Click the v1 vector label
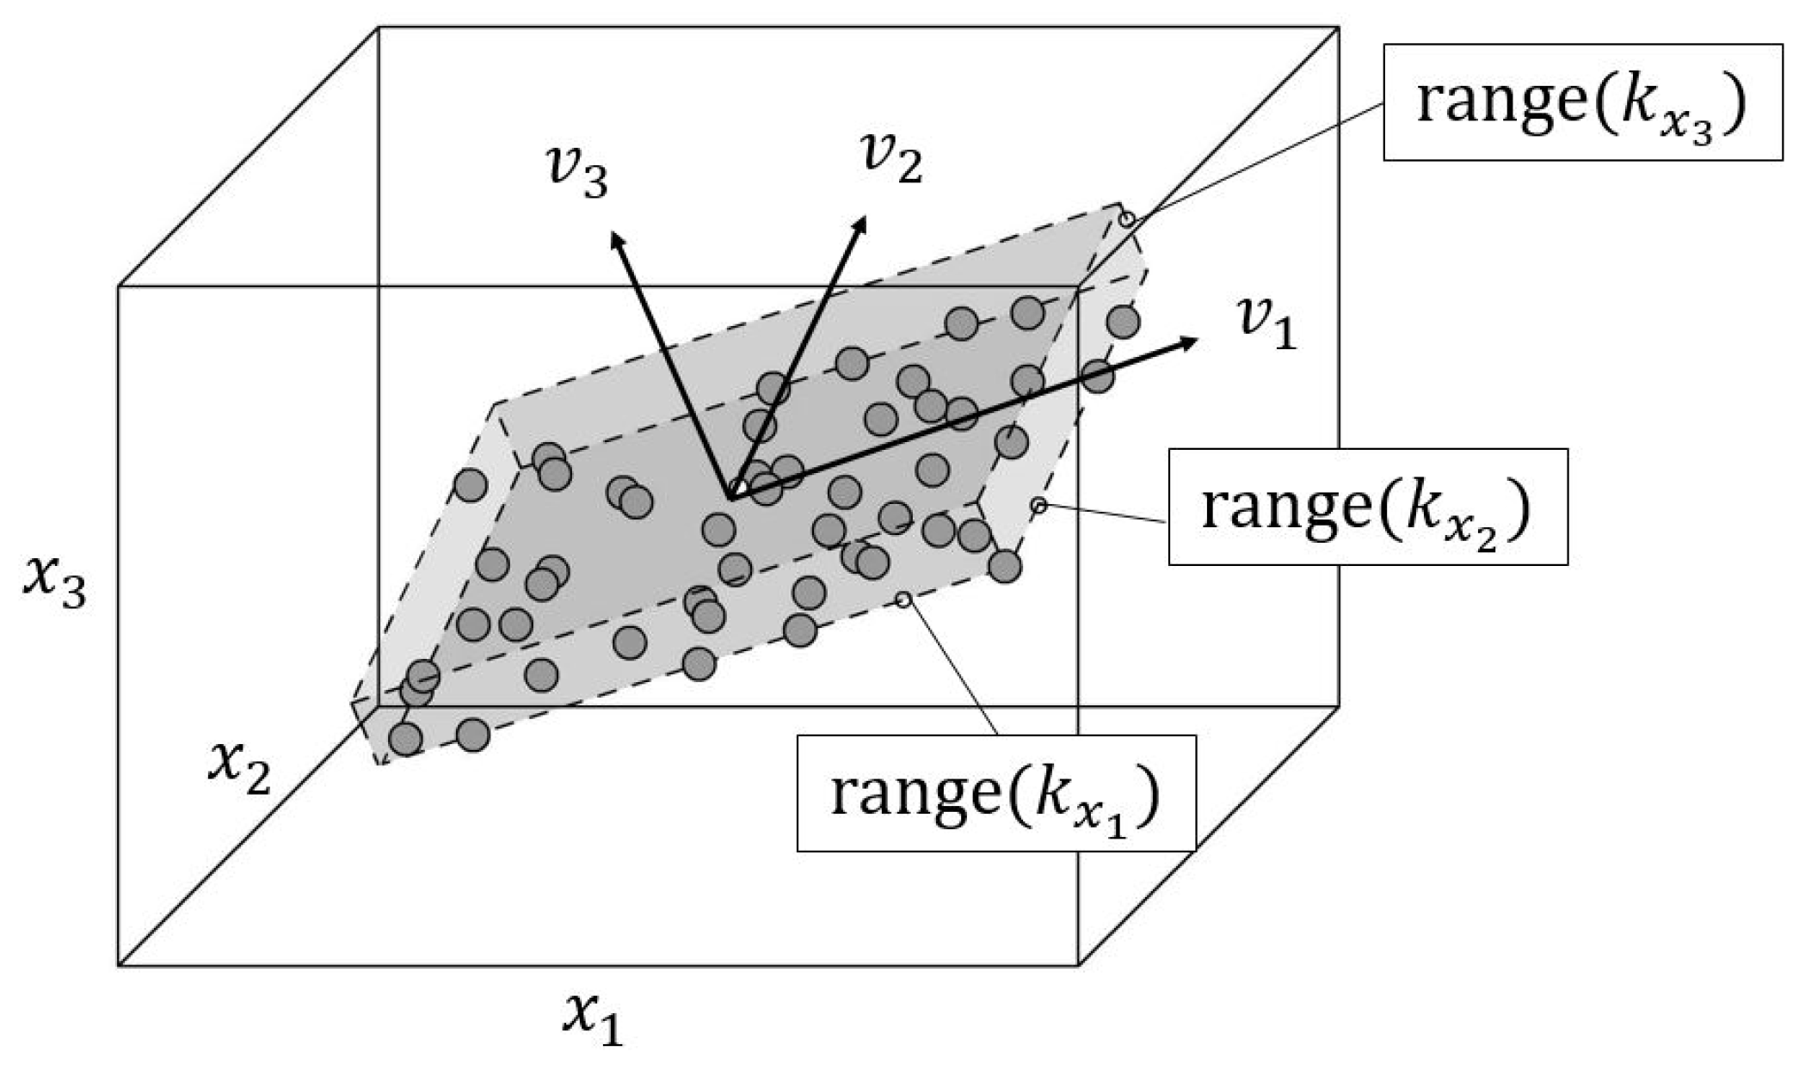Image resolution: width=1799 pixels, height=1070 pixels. [x=1266, y=323]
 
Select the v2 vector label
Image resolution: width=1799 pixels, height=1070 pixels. [x=891, y=158]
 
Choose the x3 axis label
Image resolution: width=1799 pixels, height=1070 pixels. [x=54, y=584]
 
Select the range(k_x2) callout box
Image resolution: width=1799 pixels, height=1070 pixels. [x=1367, y=507]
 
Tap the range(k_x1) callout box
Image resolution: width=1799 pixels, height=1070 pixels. [x=995, y=792]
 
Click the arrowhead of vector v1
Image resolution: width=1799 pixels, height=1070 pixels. [x=1190, y=342]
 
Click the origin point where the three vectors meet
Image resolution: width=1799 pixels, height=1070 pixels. [x=733, y=495]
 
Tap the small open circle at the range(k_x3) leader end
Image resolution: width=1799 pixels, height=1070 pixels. [x=1126, y=220]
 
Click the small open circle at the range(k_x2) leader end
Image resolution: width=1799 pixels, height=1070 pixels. [x=1039, y=506]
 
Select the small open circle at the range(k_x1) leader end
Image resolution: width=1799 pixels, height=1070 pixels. [x=903, y=600]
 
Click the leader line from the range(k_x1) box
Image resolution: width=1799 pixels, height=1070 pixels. [x=951, y=667]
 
